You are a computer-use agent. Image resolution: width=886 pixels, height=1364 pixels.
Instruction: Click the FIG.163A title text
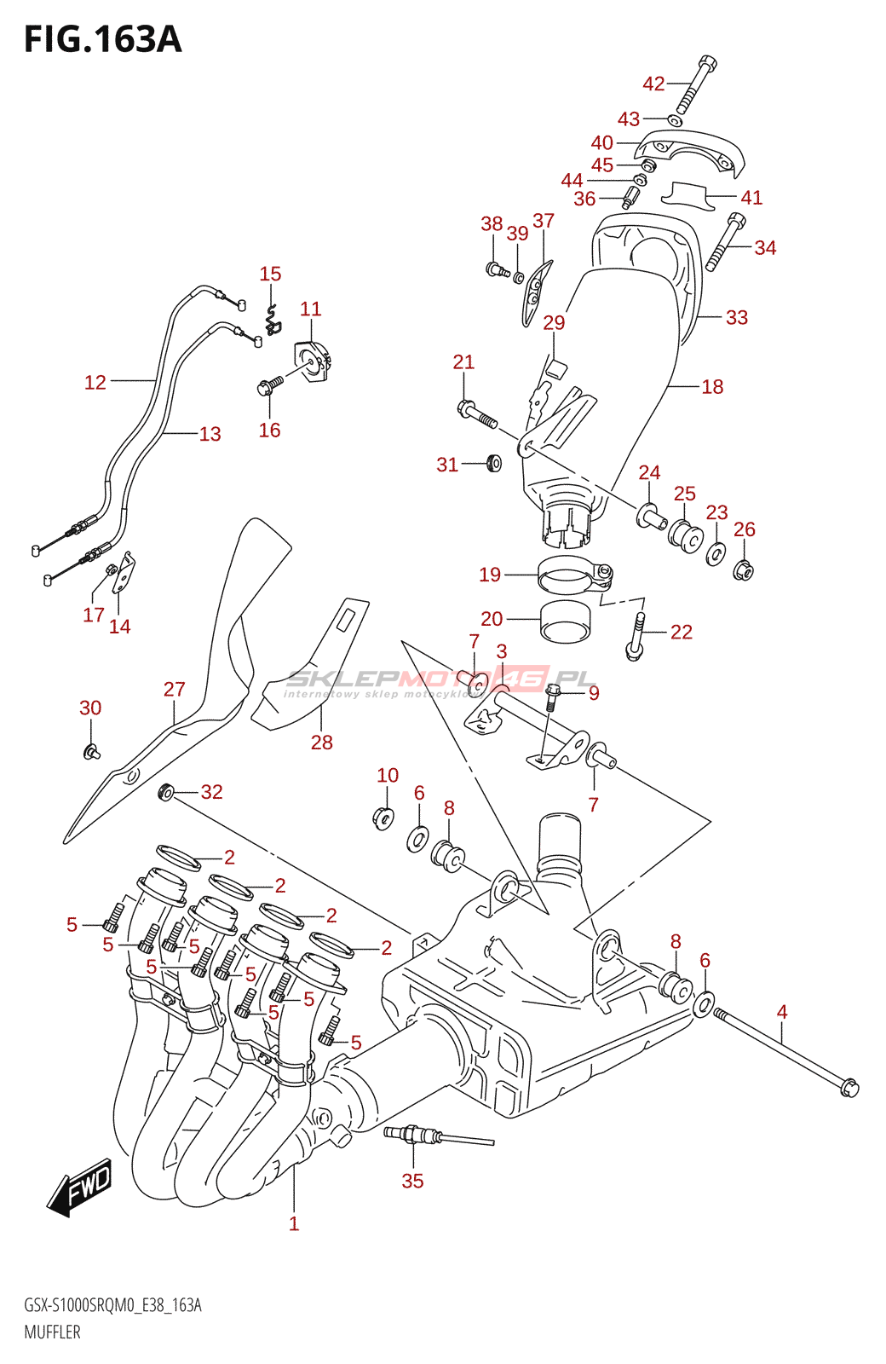tap(102, 39)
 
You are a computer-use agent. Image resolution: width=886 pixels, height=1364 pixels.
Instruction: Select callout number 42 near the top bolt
tap(653, 84)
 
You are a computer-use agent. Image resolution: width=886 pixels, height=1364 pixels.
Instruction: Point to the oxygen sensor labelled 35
tap(412, 1135)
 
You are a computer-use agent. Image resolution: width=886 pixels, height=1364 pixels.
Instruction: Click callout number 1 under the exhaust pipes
tap(294, 1224)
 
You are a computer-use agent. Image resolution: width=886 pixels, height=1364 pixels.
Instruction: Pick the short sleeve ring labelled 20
tap(566, 621)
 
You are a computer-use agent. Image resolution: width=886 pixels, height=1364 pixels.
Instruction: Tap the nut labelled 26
tap(743, 569)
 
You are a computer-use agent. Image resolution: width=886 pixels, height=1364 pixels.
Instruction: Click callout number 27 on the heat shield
tap(174, 690)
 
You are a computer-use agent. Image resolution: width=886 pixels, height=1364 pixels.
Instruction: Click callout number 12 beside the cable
tap(95, 383)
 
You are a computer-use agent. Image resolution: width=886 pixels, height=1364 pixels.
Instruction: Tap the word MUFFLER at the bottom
tap(52, 1332)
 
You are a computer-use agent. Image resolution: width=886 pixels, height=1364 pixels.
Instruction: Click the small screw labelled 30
tap(91, 751)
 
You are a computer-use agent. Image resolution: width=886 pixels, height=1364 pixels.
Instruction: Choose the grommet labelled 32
tap(166, 792)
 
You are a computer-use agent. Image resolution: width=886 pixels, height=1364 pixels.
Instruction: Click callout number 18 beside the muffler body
tap(712, 387)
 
